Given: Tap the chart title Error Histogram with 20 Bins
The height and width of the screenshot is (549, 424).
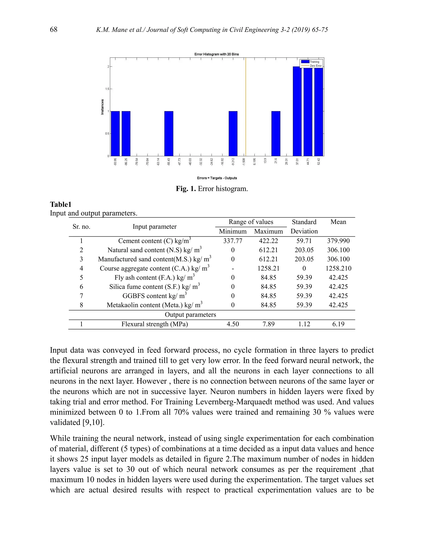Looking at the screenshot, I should (x=217, y=54).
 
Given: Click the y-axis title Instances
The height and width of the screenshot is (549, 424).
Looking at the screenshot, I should (x=102, y=107).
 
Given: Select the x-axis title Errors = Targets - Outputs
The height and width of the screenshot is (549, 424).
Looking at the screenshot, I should (x=217, y=178).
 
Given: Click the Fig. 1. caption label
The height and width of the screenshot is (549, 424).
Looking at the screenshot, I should (x=186, y=189).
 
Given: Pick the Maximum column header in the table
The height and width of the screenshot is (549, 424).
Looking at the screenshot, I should (x=268, y=231).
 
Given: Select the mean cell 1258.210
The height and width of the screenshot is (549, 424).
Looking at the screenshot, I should (x=338, y=268).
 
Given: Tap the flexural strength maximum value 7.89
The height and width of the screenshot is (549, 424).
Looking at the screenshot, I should (x=268, y=324).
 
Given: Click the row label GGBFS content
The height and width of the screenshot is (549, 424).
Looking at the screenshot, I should (x=154, y=296).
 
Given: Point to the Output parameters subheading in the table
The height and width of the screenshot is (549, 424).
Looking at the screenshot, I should (x=190, y=315).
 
